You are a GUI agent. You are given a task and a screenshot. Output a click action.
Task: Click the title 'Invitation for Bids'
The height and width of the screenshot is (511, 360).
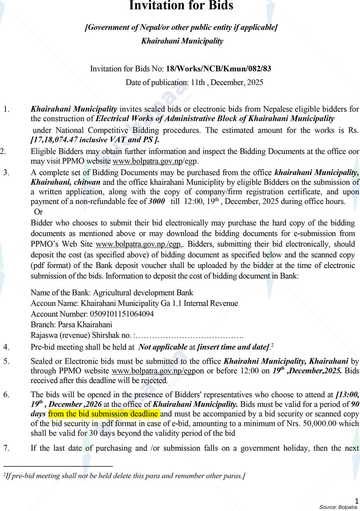(181, 5)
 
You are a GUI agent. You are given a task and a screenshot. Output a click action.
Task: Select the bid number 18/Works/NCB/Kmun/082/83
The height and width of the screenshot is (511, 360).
(218, 69)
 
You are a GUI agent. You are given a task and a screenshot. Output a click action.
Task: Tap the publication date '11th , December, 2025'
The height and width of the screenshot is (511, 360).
(227, 82)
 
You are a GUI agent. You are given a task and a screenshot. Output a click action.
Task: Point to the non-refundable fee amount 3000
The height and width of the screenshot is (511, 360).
(157, 202)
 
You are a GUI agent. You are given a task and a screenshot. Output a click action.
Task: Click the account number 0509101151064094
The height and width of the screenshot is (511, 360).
(121, 314)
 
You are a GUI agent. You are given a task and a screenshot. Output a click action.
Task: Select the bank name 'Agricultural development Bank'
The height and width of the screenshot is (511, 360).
(143, 293)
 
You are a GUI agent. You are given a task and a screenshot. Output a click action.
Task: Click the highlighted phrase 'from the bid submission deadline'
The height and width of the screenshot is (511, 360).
(104, 414)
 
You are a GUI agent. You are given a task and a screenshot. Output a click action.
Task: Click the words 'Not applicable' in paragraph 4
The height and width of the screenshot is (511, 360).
(163, 347)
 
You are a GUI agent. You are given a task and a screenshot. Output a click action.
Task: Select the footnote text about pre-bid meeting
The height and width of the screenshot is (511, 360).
(124, 476)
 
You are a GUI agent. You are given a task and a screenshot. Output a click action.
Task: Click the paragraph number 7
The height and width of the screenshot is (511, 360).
(6, 448)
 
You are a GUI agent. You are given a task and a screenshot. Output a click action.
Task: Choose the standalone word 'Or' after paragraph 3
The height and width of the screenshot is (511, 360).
(38, 212)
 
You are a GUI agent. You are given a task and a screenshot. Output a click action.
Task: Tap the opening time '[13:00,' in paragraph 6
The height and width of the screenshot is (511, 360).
(347, 395)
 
